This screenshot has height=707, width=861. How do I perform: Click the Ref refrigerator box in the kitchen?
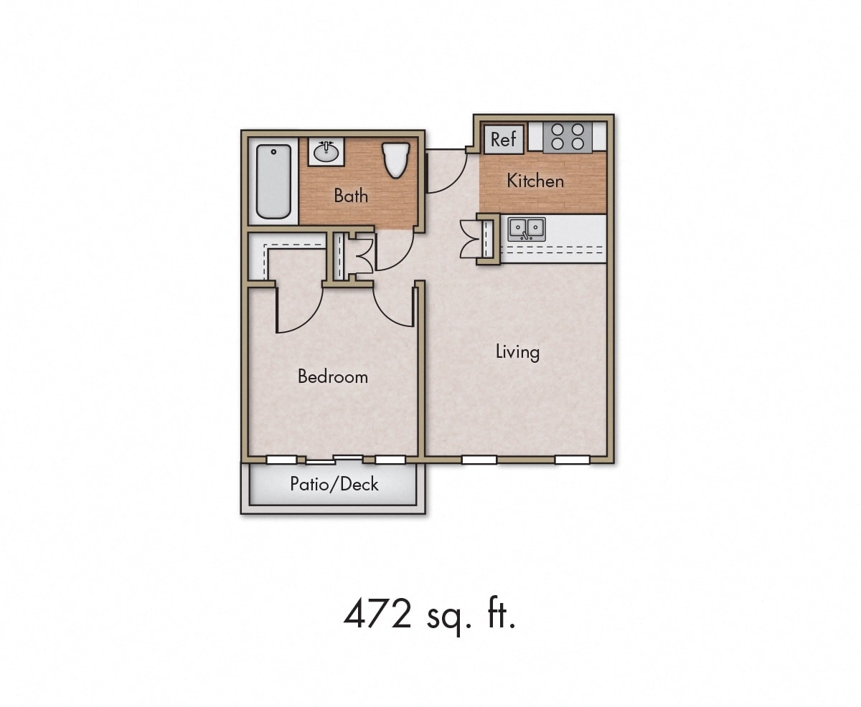(x=504, y=139)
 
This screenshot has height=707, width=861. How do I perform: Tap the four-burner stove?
(x=568, y=137)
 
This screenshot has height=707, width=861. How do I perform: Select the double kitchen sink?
(x=527, y=229)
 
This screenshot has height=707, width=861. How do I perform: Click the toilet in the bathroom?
(x=395, y=159)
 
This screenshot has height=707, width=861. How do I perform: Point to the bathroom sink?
(x=326, y=151)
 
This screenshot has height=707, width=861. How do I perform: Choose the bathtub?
(x=273, y=181)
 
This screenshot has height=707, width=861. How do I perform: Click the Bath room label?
(x=351, y=195)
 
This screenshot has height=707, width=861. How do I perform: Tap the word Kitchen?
(x=535, y=181)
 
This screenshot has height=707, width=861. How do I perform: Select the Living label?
(x=517, y=352)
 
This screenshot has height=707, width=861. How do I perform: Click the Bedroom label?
(x=332, y=376)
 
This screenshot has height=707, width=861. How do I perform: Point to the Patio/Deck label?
(x=334, y=484)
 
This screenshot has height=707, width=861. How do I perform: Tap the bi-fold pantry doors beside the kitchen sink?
(x=471, y=239)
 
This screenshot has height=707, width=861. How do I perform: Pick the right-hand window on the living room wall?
(x=572, y=460)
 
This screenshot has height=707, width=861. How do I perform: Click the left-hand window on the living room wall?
(x=479, y=460)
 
